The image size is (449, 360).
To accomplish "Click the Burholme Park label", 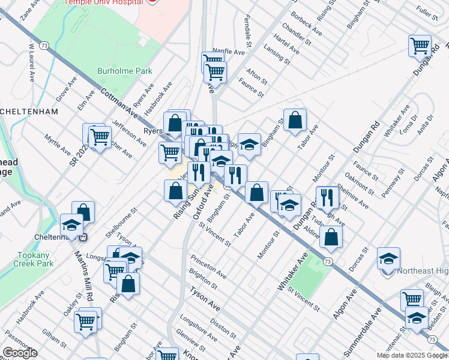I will pyautogui.click(x=125, y=71).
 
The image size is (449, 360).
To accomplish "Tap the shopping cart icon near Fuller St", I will pyautogui.click(x=420, y=46).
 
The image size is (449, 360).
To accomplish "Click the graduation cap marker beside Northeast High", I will pyautogui.click(x=388, y=259).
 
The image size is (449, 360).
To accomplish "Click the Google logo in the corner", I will pyautogui.click(x=20, y=353).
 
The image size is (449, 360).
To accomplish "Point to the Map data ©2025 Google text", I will pyautogui.click(x=411, y=355).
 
